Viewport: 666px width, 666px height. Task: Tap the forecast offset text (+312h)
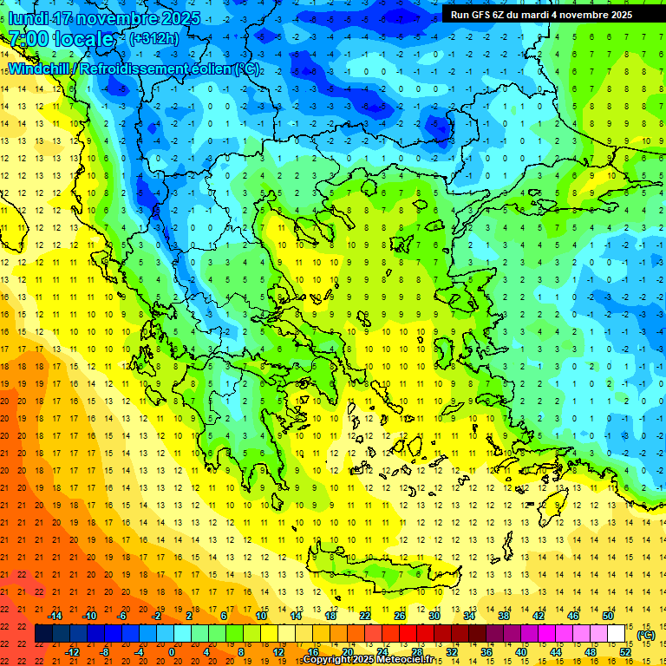(x=153, y=38)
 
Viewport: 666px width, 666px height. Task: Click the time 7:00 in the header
(x=29, y=38)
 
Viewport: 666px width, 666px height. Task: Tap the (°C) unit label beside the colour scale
(x=645, y=635)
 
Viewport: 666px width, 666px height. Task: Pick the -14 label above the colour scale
(x=55, y=616)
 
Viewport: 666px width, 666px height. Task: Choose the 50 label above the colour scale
(x=607, y=616)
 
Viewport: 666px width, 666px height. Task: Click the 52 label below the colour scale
(x=625, y=651)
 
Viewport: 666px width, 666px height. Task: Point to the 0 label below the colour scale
(x=172, y=651)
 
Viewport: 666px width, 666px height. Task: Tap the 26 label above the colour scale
(x=399, y=616)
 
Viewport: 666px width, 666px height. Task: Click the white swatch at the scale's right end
(x=617, y=634)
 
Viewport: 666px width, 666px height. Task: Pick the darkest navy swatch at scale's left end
(x=43, y=634)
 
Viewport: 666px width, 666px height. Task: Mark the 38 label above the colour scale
(x=503, y=616)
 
